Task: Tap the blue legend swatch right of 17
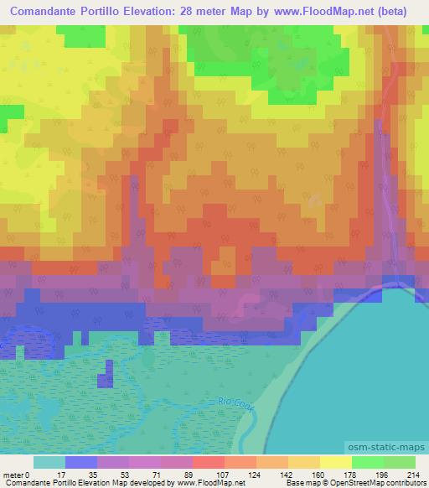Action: coord(80,462)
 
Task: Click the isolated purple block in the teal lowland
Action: coord(105,374)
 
